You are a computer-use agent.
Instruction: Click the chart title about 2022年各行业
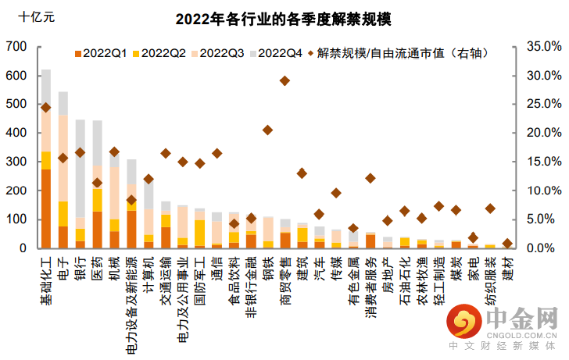pos(284,20)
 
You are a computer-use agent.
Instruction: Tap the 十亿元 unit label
pos(36,16)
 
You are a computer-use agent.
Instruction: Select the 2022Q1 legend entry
pos(101,53)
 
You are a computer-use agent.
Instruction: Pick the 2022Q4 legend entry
pos(276,53)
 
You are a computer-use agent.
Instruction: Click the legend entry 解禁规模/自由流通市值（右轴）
pos(399,53)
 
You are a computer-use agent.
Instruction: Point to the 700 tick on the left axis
pos(16,46)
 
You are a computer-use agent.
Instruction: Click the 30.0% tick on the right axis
pos(544,75)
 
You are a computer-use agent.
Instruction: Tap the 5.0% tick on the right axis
pos(540,219)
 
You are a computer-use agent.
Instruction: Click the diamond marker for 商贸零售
pos(284,81)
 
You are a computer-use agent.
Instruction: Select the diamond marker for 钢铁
pos(268,130)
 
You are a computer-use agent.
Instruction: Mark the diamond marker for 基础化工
pos(46,108)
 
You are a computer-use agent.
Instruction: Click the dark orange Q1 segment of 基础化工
pos(46,209)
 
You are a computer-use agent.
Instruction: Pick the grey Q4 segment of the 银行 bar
pos(81,169)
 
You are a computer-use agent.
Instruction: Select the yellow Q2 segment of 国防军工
pos(200,233)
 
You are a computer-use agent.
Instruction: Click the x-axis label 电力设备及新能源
pos(131,305)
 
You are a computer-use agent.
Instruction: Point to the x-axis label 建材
pos(508,269)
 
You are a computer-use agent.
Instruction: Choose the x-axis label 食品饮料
pos(234,280)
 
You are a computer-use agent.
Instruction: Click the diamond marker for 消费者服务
pos(370,178)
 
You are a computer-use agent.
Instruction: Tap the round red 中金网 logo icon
pos(464,322)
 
